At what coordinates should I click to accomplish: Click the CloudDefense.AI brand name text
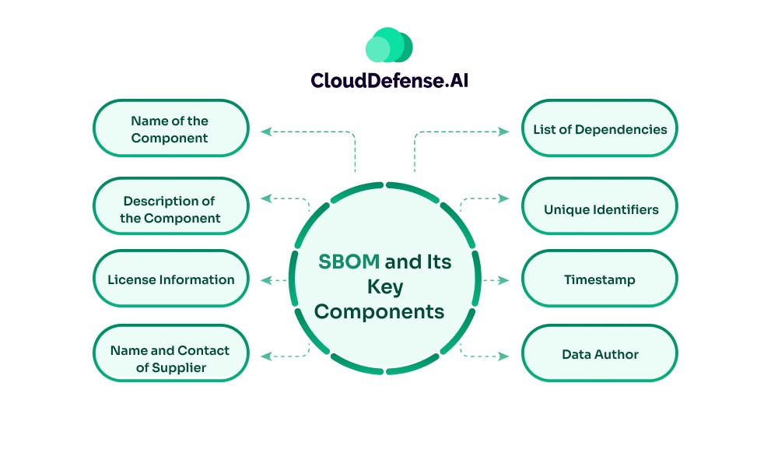point(389,80)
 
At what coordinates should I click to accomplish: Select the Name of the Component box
point(170,129)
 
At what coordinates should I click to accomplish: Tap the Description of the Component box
point(170,209)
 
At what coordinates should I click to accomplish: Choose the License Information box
point(170,279)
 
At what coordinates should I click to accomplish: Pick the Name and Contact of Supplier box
point(170,359)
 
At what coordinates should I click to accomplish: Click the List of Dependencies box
point(599,129)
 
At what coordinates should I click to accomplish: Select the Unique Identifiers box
point(599,209)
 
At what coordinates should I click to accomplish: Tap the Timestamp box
point(599,279)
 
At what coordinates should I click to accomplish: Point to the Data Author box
point(599,354)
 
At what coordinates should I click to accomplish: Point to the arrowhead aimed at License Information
point(265,279)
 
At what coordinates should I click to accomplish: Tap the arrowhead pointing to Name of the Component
point(265,132)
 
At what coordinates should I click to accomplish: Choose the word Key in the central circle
point(385,287)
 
